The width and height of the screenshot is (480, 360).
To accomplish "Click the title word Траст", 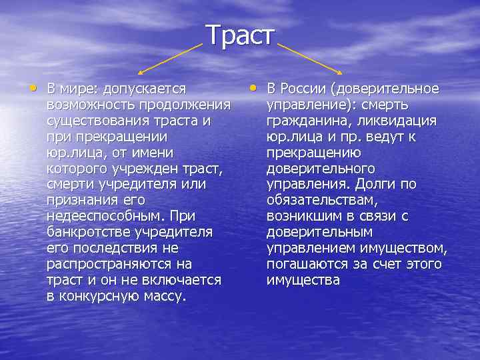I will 239,35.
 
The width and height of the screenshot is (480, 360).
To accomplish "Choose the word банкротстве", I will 89,233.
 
